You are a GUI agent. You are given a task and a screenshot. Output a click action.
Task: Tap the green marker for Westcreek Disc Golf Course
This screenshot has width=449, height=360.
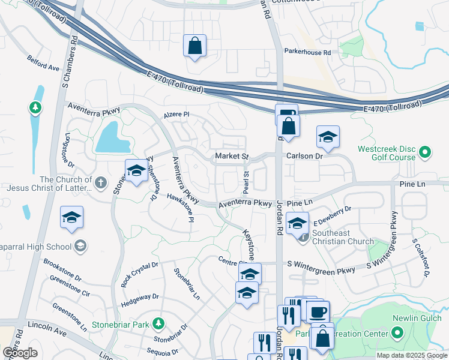coord(425,152)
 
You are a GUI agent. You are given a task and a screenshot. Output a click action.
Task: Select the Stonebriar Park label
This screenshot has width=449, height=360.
coord(121,325)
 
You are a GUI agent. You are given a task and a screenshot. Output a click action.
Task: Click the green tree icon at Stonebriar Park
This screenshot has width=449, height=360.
coord(158,325)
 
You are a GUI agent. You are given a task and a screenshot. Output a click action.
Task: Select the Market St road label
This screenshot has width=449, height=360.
coord(232,157)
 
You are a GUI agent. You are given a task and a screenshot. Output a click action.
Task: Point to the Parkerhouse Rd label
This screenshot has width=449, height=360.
coord(307,53)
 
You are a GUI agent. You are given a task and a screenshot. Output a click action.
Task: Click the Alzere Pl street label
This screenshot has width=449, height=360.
coord(176,115)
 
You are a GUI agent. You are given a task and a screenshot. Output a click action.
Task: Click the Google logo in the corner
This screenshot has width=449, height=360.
coord(20,352)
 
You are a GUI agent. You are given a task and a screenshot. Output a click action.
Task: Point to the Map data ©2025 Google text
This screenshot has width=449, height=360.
coord(411,355)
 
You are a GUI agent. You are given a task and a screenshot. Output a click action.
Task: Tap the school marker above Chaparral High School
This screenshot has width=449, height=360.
coord(72,218)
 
